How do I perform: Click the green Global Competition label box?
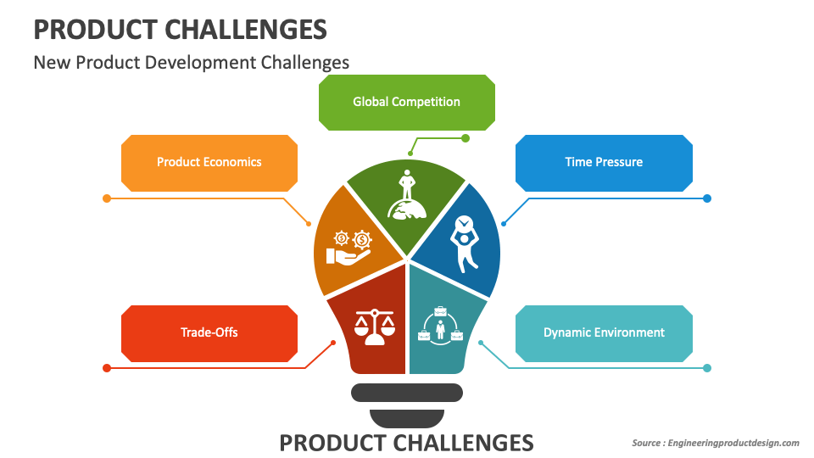coord(406,102)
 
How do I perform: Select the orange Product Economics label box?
coord(209,162)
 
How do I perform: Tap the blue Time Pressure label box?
coord(604,162)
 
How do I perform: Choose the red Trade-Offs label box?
coord(209,332)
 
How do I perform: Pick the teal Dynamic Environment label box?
coord(604,332)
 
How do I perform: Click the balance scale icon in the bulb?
coord(374,326)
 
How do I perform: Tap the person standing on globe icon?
coord(406,197)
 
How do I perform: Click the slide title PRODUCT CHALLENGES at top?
coord(180,30)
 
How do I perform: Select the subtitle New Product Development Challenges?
coord(191,62)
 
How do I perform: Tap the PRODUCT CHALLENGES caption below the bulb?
coord(406,442)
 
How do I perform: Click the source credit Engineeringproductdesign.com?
coord(715,443)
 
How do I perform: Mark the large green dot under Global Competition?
coord(465,138)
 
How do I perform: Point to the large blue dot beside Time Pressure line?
coord(707,198)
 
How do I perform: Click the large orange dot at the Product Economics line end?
coord(107,198)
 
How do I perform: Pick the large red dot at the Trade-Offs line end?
coord(107,368)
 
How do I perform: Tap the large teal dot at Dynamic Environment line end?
coord(707,368)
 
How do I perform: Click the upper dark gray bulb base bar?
coord(406,392)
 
